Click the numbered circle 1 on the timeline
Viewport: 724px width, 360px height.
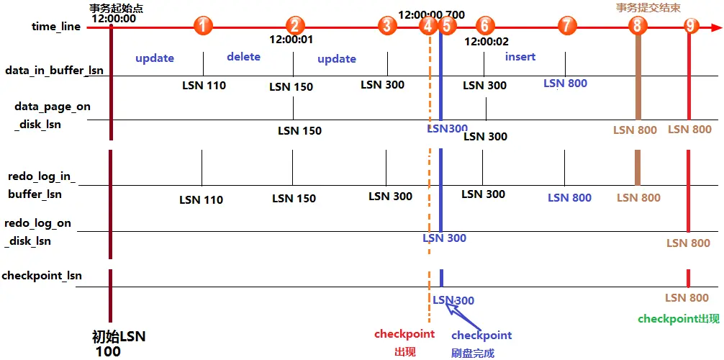[x=204, y=27]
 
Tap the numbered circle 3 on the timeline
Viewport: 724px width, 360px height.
[x=387, y=27]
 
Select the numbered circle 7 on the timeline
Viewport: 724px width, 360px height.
[x=567, y=27]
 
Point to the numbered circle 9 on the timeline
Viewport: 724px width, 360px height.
[x=691, y=27]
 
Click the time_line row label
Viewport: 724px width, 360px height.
[x=56, y=27]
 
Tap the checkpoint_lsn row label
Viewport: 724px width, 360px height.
[x=42, y=275]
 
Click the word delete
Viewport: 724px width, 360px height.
[x=243, y=56]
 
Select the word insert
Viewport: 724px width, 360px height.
[x=520, y=56]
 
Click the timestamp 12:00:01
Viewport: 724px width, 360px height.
[x=291, y=40]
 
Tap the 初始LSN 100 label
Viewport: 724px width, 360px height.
[x=119, y=343]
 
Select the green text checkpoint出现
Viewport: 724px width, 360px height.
[x=679, y=318]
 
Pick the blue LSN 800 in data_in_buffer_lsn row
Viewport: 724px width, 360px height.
[x=565, y=83]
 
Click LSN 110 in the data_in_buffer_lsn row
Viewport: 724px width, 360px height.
[x=204, y=86]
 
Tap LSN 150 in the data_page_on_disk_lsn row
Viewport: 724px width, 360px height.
[x=299, y=131]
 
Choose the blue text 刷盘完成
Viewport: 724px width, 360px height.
[x=472, y=353]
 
